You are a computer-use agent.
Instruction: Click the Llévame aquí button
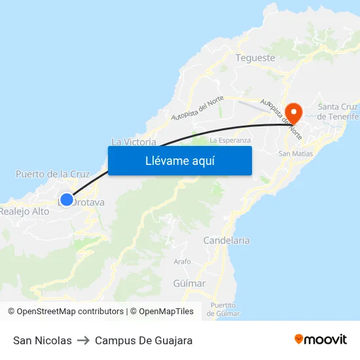coord(179,160)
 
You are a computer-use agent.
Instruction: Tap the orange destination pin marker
coord(293,113)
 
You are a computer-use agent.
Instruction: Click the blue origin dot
coord(67,200)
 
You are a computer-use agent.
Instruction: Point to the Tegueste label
coord(255,58)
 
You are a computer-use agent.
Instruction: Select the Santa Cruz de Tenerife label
coord(338,112)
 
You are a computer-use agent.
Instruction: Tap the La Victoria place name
coord(134,141)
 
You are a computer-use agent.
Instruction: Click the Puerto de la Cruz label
coord(52,174)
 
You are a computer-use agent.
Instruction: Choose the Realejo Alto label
coord(25,211)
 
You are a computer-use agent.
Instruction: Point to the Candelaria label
coord(226,240)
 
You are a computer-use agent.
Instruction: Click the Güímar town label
coord(190,283)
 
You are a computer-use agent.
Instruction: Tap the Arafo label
coord(183,262)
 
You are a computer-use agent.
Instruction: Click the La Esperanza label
coord(230,140)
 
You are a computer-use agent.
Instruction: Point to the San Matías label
coord(296,154)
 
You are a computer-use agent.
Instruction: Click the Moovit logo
coord(321,340)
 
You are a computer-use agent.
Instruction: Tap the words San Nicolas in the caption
coord(43,340)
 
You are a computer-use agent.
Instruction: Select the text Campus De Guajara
coord(143,340)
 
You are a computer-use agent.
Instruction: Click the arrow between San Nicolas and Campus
coord(83,340)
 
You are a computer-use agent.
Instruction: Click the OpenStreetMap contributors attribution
coord(70,312)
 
